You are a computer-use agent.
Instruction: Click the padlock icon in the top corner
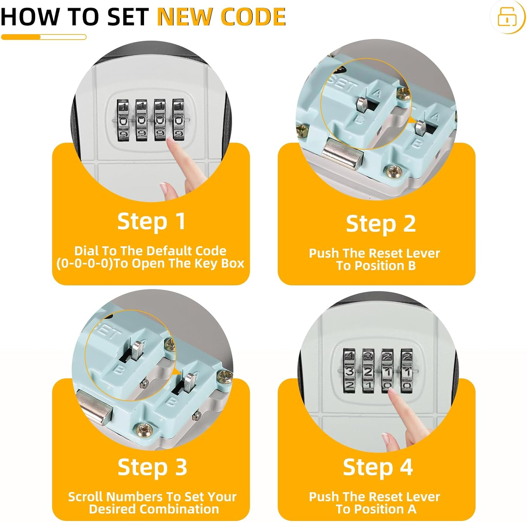(507, 16)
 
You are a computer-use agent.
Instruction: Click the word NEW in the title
(186, 16)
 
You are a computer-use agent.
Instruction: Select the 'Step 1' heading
(151, 222)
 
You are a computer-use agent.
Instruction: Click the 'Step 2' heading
(381, 224)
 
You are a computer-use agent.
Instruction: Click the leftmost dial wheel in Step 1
(124, 120)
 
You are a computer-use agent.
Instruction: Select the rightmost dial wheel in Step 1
(178, 120)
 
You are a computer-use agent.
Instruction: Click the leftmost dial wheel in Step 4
(349, 370)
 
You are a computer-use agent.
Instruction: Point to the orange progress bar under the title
(44, 37)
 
